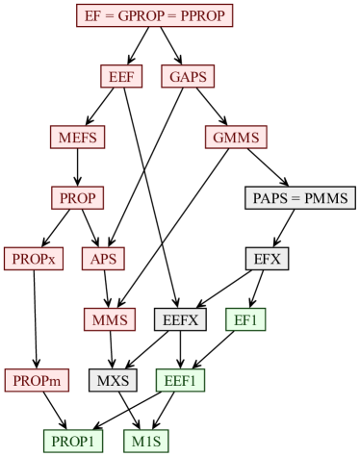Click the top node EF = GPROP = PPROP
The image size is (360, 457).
[x=154, y=16]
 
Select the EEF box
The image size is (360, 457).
[x=121, y=77]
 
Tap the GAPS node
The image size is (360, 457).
[x=188, y=77]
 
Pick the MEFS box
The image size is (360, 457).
[x=77, y=138]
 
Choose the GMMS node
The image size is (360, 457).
[x=235, y=138]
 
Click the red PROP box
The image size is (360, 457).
[x=77, y=198]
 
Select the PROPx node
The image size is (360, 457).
[x=35, y=259]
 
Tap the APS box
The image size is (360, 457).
[x=103, y=259]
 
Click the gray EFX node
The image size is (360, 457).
[x=267, y=259]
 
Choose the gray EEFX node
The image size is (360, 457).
[x=180, y=319]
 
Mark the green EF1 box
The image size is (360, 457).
[x=245, y=319]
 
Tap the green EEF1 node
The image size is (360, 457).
[x=180, y=380]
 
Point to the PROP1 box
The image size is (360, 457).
[x=72, y=441]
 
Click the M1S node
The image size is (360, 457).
[x=147, y=441]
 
